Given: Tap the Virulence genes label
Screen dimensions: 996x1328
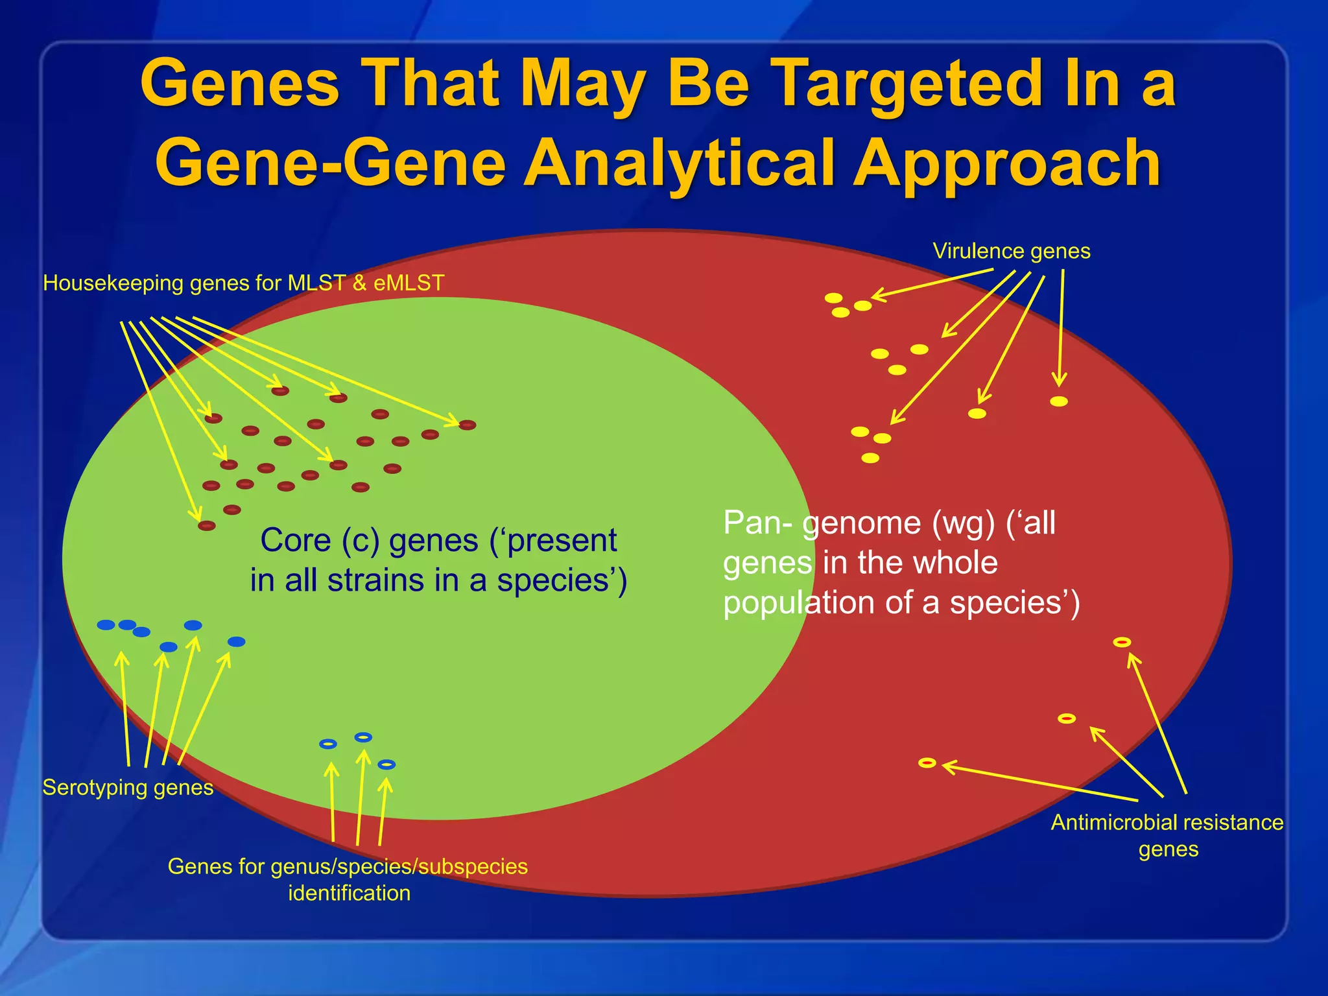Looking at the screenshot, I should pyautogui.click(x=1011, y=251).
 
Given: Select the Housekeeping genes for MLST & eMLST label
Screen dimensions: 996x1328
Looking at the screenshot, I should pyautogui.click(x=243, y=283).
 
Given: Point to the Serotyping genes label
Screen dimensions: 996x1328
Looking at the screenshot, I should pyautogui.click(x=128, y=787).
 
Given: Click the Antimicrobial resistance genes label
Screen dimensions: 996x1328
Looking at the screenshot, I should pyautogui.click(x=1167, y=835).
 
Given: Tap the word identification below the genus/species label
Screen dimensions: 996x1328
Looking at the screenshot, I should pyautogui.click(x=349, y=893).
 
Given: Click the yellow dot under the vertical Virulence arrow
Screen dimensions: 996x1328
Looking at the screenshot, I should pyautogui.click(x=1058, y=401).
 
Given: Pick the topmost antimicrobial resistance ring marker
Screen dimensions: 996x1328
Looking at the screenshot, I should pyautogui.click(x=1122, y=642).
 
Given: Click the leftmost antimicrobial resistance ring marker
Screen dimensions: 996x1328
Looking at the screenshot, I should pyautogui.click(x=927, y=763).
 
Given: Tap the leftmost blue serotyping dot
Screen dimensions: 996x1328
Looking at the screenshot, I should pyautogui.click(x=106, y=625).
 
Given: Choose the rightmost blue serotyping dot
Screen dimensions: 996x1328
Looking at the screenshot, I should pyautogui.click(x=237, y=641).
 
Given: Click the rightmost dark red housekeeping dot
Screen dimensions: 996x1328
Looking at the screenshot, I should pyautogui.click(x=468, y=425).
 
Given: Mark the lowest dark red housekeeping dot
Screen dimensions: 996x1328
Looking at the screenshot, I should pyautogui.click(x=206, y=525).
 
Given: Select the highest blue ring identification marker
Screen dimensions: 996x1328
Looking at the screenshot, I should pyautogui.click(x=363, y=737).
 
